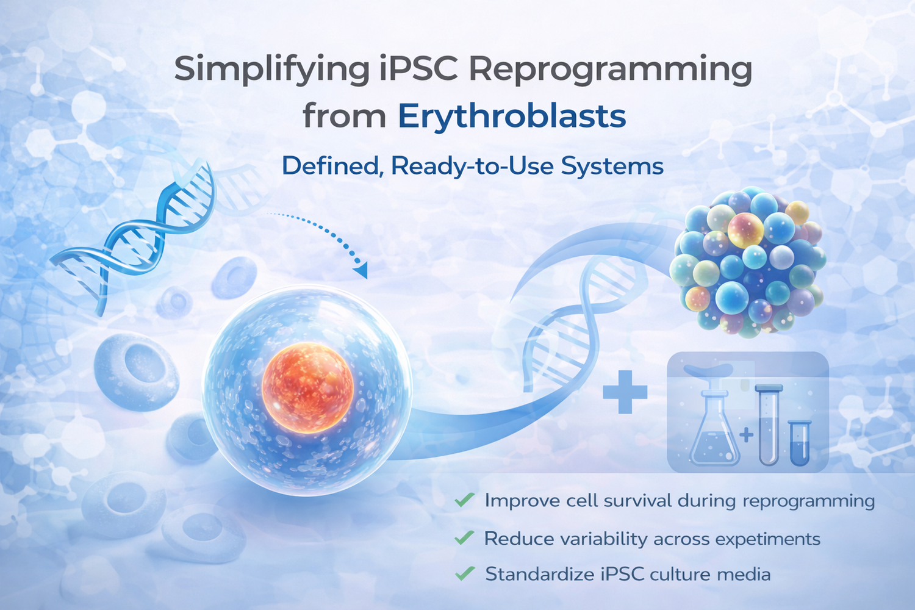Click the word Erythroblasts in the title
click(x=512, y=116)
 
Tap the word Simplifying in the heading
click(x=271, y=70)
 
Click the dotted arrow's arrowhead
click(x=361, y=270)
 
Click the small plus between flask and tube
click(x=746, y=435)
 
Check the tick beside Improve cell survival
click(x=464, y=500)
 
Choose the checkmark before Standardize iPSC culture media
click(x=465, y=573)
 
